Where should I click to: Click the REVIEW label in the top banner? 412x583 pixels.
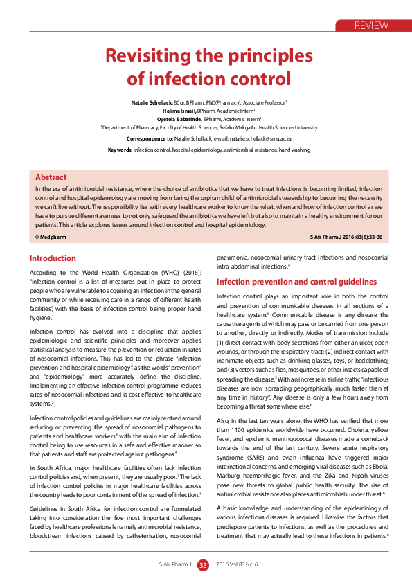pos(371,26)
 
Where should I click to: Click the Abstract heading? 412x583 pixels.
pos(51,177)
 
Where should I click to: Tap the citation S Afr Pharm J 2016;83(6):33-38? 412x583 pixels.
pos(346,237)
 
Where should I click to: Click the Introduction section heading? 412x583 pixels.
pos(53,258)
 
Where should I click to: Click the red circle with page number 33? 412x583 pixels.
pos(203,565)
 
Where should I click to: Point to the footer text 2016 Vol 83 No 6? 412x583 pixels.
pos(236,565)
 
